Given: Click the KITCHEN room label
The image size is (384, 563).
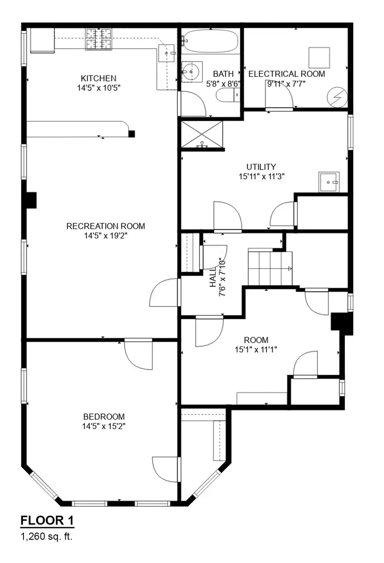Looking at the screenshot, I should point(98,78).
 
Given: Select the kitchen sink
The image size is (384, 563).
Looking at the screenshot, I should point(167,53).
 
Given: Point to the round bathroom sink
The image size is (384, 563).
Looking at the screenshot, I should point(191,71).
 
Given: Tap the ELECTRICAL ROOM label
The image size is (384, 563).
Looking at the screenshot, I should point(286,74).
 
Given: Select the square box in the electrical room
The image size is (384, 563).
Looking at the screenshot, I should point(319,57).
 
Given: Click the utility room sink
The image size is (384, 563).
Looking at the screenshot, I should point(329,182).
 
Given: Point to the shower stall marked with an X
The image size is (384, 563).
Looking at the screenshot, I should point(202,134).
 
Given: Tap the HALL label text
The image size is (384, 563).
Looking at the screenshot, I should point(213,277).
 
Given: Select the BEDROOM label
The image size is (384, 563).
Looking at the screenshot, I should point(104,417).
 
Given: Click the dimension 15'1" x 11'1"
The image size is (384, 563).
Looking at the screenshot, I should point(256,350).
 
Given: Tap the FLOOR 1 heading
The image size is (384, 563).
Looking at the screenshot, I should point(47,520).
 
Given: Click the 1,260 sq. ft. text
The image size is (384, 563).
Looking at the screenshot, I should point(47,537).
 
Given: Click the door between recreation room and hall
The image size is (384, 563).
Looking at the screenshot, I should point(164,293).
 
